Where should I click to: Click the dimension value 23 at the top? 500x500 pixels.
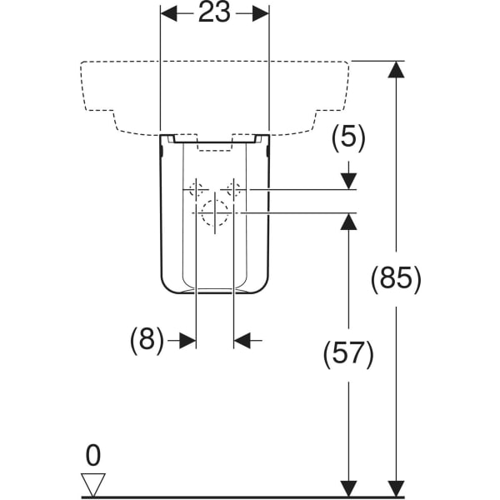pyautogui.click(x=214, y=14)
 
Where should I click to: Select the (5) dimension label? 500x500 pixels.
pyautogui.click(x=348, y=137)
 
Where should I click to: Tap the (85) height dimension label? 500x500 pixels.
pyautogui.click(x=397, y=277)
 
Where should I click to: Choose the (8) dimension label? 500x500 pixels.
pyautogui.click(x=147, y=340)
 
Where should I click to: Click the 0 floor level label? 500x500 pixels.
pyautogui.click(x=92, y=455)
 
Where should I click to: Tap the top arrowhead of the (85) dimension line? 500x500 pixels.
pyautogui.click(x=397, y=70)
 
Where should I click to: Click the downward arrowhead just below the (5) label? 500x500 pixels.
pyautogui.click(x=348, y=180)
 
